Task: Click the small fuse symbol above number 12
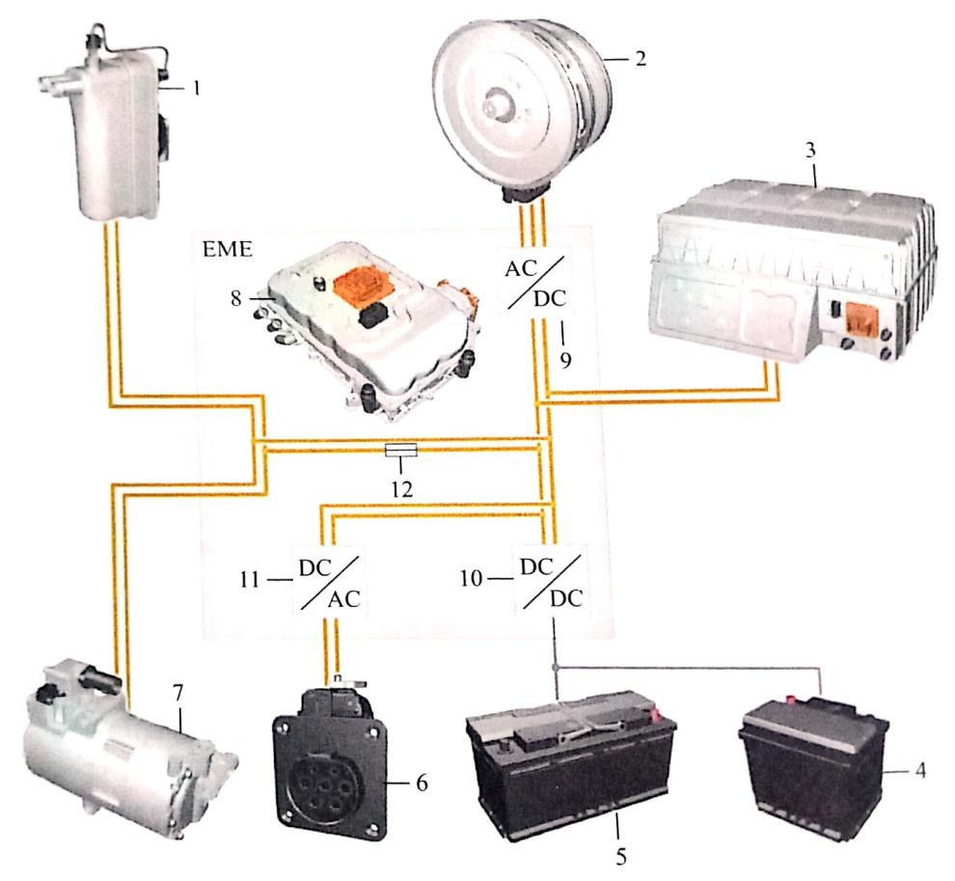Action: pyautogui.click(x=401, y=450)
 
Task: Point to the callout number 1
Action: pyautogui.click(x=196, y=87)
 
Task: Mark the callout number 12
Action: pyautogui.click(x=401, y=489)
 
